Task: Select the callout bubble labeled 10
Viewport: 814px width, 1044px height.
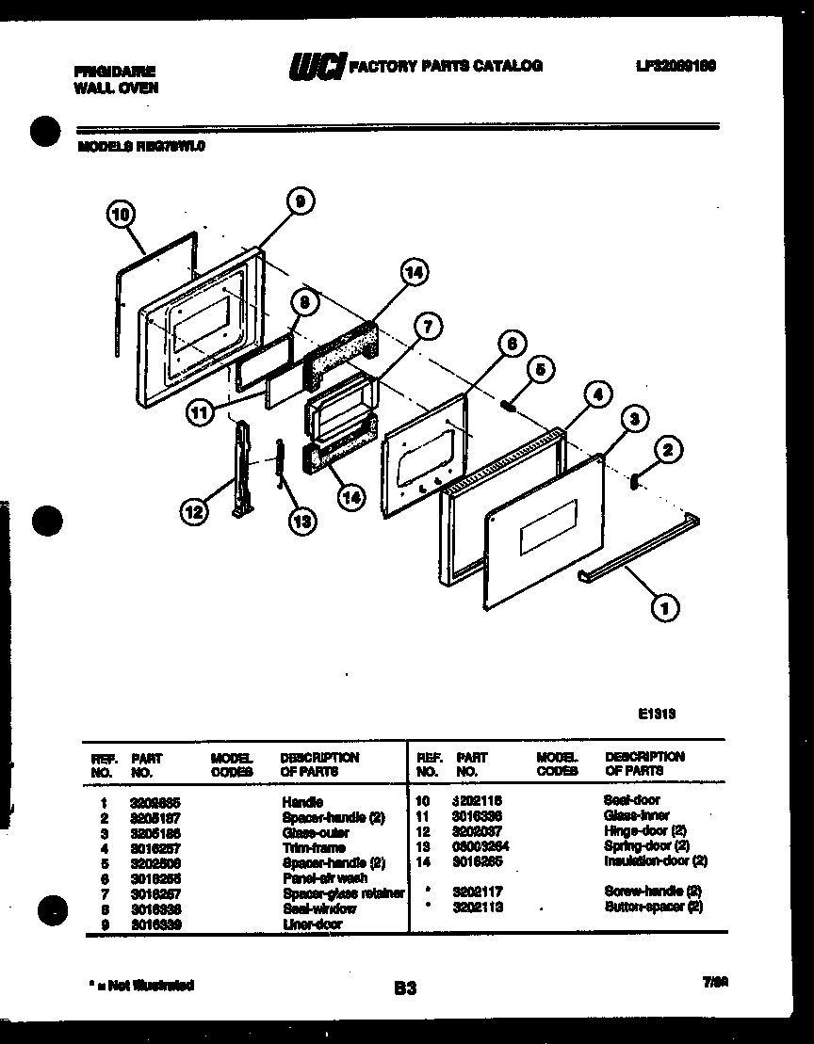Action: [x=119, y=215]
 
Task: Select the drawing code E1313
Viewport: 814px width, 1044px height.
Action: [x=657, y=714]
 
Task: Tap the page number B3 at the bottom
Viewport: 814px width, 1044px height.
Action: [x=406, y=988]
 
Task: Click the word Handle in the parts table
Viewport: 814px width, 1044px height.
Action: [x=301, y=802]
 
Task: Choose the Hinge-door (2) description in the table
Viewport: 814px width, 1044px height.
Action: [x=645, y=830]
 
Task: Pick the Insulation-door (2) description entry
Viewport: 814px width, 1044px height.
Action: [x=655, y=860]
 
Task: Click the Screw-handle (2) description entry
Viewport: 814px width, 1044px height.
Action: [x=653, y=891]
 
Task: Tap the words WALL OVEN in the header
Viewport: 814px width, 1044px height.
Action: [x=116, y=88]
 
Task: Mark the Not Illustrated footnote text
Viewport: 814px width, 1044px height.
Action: [x=140, y=985]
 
